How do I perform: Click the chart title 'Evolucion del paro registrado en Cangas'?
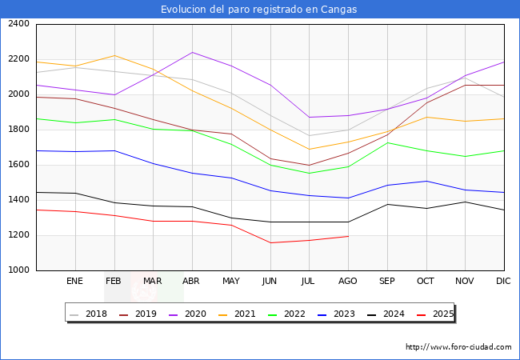coord(259,10)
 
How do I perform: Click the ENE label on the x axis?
coord(74,282)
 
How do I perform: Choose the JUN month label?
coord(270,282)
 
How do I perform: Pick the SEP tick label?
coord(386,282)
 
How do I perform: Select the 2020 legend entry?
coord(195,314)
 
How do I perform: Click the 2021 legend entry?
coord(245,314)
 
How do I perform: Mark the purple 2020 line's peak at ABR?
coord(192,52)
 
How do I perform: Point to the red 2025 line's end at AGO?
coord(348,236)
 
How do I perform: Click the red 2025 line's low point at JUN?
coord(270,243)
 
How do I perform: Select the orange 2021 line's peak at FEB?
coord(114,55)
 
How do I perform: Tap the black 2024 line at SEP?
coord(387,204)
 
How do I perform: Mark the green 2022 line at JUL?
coord(309,174)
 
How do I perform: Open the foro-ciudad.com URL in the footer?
coord(458,347)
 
